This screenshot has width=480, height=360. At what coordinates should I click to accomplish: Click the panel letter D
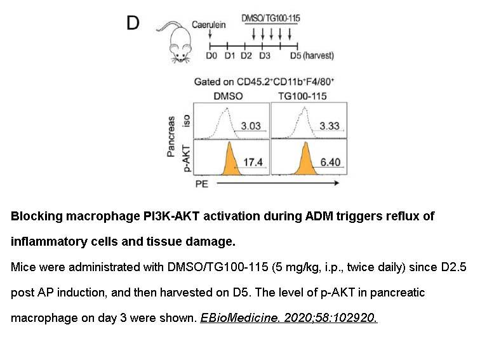[x=133, y=23]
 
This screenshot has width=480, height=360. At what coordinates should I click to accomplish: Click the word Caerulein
[x=209, y=25]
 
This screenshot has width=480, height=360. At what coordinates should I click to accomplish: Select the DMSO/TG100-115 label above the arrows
[x=270, y=18]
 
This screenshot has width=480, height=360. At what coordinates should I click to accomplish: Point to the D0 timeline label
[x=211, y=56]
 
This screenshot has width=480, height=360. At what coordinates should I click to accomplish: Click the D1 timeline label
[x=230, y=56]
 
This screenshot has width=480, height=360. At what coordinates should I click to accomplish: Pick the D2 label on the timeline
[x=246, y=56]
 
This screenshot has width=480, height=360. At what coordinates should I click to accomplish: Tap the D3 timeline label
[x=265, y=56]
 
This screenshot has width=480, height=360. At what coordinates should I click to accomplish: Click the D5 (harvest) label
[x=312, y=56]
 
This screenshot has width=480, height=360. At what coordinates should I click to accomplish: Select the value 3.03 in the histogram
[x=251, y=126]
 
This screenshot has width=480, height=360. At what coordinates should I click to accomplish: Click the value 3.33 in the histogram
[x=330, y=126]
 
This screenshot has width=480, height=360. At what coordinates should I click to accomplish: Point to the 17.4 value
[x=253, y=162]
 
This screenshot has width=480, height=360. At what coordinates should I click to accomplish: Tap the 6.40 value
[x=330, y=162]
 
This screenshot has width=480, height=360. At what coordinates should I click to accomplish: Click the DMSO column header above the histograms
[x=228, y=96]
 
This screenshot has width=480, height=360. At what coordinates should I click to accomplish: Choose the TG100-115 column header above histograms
[x=302, y=96]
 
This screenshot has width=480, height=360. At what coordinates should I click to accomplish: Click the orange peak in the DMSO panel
[x=230, y=161]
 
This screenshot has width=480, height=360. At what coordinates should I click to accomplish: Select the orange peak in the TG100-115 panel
[x=305, y=161]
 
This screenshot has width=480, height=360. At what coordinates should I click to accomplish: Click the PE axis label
[x=202, y=184]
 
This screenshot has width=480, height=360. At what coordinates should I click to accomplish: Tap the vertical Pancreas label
[x=171, y=137]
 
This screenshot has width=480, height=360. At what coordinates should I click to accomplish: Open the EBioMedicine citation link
[x=289, y=317]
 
